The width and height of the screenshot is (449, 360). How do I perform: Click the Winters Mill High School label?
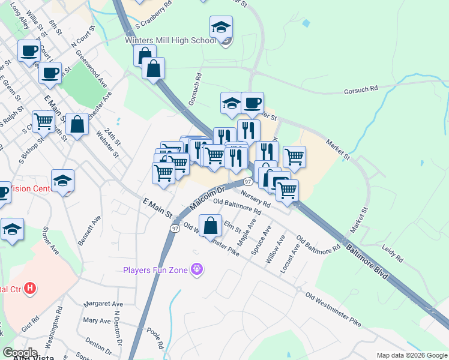(x=170, y=41)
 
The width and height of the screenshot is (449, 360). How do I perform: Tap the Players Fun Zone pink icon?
(x=196, y=270)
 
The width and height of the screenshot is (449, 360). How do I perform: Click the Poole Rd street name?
(x=155, y=338)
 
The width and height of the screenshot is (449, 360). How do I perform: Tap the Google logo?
(x=20, y=352)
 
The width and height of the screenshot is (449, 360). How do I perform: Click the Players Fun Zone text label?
(x=155, y=270)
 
